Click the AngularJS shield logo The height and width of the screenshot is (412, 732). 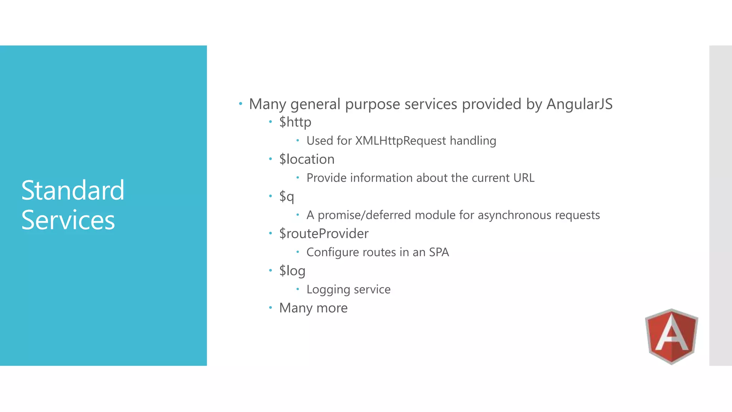pyautogui.click(x=671, y=336)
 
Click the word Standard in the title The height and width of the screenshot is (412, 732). pyautogui.click(x=73, y=190)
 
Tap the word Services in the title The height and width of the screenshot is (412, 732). pyautogui.click(x=68, y=220)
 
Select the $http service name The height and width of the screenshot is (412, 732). pyautogui.click(x=295, y=122)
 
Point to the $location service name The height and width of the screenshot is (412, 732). pyautogui.click(x=307, y=159)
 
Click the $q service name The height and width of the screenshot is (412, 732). pyautogui.click(x=287, y=196)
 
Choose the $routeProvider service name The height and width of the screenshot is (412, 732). pyautogui.click(x=324, y=234)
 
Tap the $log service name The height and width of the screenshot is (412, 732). pyautogui.click(x=292, y=271)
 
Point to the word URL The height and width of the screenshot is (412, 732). pyautogui.click(x=524, y=178)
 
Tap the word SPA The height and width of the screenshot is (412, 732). pyautogui.click(x=439, y=252)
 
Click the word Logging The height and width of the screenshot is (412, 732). pyautogui.click(x=328, y=289)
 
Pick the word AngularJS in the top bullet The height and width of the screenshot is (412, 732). pyautogui.click(x=579, y=104)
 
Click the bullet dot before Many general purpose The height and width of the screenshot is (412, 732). pyautogui.click(x=241, y=104)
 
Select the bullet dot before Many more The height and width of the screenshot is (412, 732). pyautogui.click(x=271, y=308)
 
